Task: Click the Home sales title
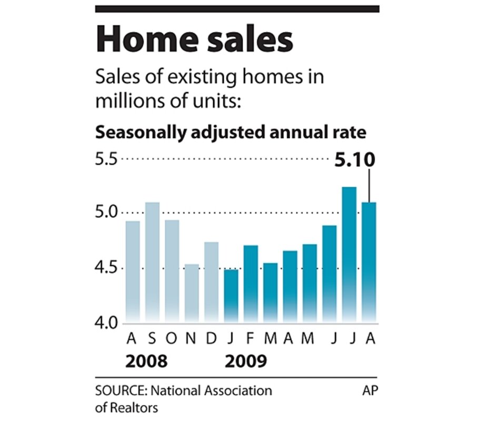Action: pos(194,40)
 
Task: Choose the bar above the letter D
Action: pos(211,282)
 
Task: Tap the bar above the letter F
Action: pos(251,284)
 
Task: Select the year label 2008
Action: pos(147,362)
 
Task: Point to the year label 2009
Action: pos(246,362)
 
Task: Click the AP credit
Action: pos(370,392)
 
